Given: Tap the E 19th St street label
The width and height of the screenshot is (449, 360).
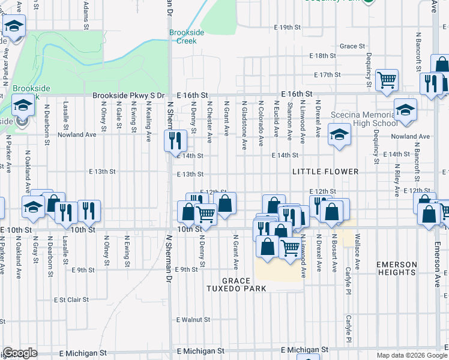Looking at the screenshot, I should pyautogui.click(x=287, y=28).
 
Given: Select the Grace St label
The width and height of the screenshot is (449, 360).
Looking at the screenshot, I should pyautogui.click(x=352, y=46).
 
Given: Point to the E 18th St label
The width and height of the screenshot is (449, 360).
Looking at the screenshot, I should pyautogui.click(x=322, y=55).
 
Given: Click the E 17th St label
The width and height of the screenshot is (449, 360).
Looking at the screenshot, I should pyautogui.click(x=327, y=75).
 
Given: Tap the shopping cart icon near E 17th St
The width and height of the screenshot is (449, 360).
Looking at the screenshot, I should pyautogui.click(x=387, y=79).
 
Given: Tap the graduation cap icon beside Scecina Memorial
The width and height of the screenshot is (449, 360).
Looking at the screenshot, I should pyautogui.click(x=405, y=110).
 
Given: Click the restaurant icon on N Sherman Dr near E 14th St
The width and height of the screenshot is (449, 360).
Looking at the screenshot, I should pyautogui.click(x=175, y=141).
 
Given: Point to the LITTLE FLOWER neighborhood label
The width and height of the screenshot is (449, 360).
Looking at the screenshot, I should pyautogui.click(x=325, y=172).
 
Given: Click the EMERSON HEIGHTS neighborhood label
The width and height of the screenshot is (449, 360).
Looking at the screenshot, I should pyautogui.click(x=396, y=269).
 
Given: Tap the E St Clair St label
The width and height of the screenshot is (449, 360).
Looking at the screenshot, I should pyautogui.click(x=71, y=299).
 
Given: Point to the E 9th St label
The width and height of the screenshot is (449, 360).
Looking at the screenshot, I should pyautogui.click(x=83, y=270).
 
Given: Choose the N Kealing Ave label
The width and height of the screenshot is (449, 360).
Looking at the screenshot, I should pyautogui.click(x=148, y=121).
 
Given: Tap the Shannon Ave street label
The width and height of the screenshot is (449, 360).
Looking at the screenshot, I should pyautogui.click(x=289, y=121).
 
